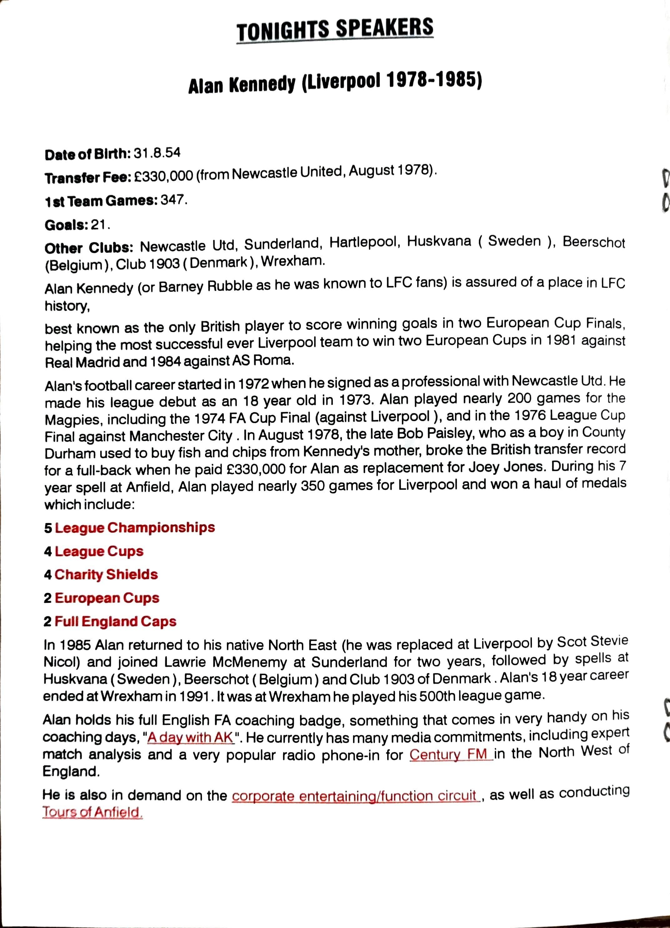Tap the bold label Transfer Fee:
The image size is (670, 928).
87,178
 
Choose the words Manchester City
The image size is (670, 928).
181,436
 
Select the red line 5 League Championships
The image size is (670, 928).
130,527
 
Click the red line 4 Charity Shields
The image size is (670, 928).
101,574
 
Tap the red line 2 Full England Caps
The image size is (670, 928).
110,622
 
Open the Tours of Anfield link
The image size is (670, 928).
92,813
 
